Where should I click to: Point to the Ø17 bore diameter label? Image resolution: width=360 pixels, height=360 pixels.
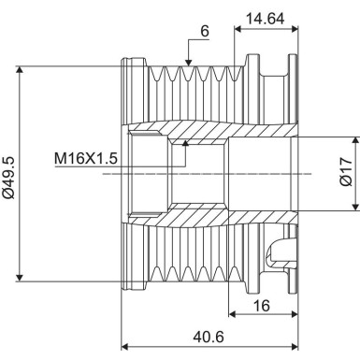pyautogui.click(x=346, y=173)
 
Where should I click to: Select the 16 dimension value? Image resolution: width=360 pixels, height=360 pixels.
pyautogui.click(x=262, y=304)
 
